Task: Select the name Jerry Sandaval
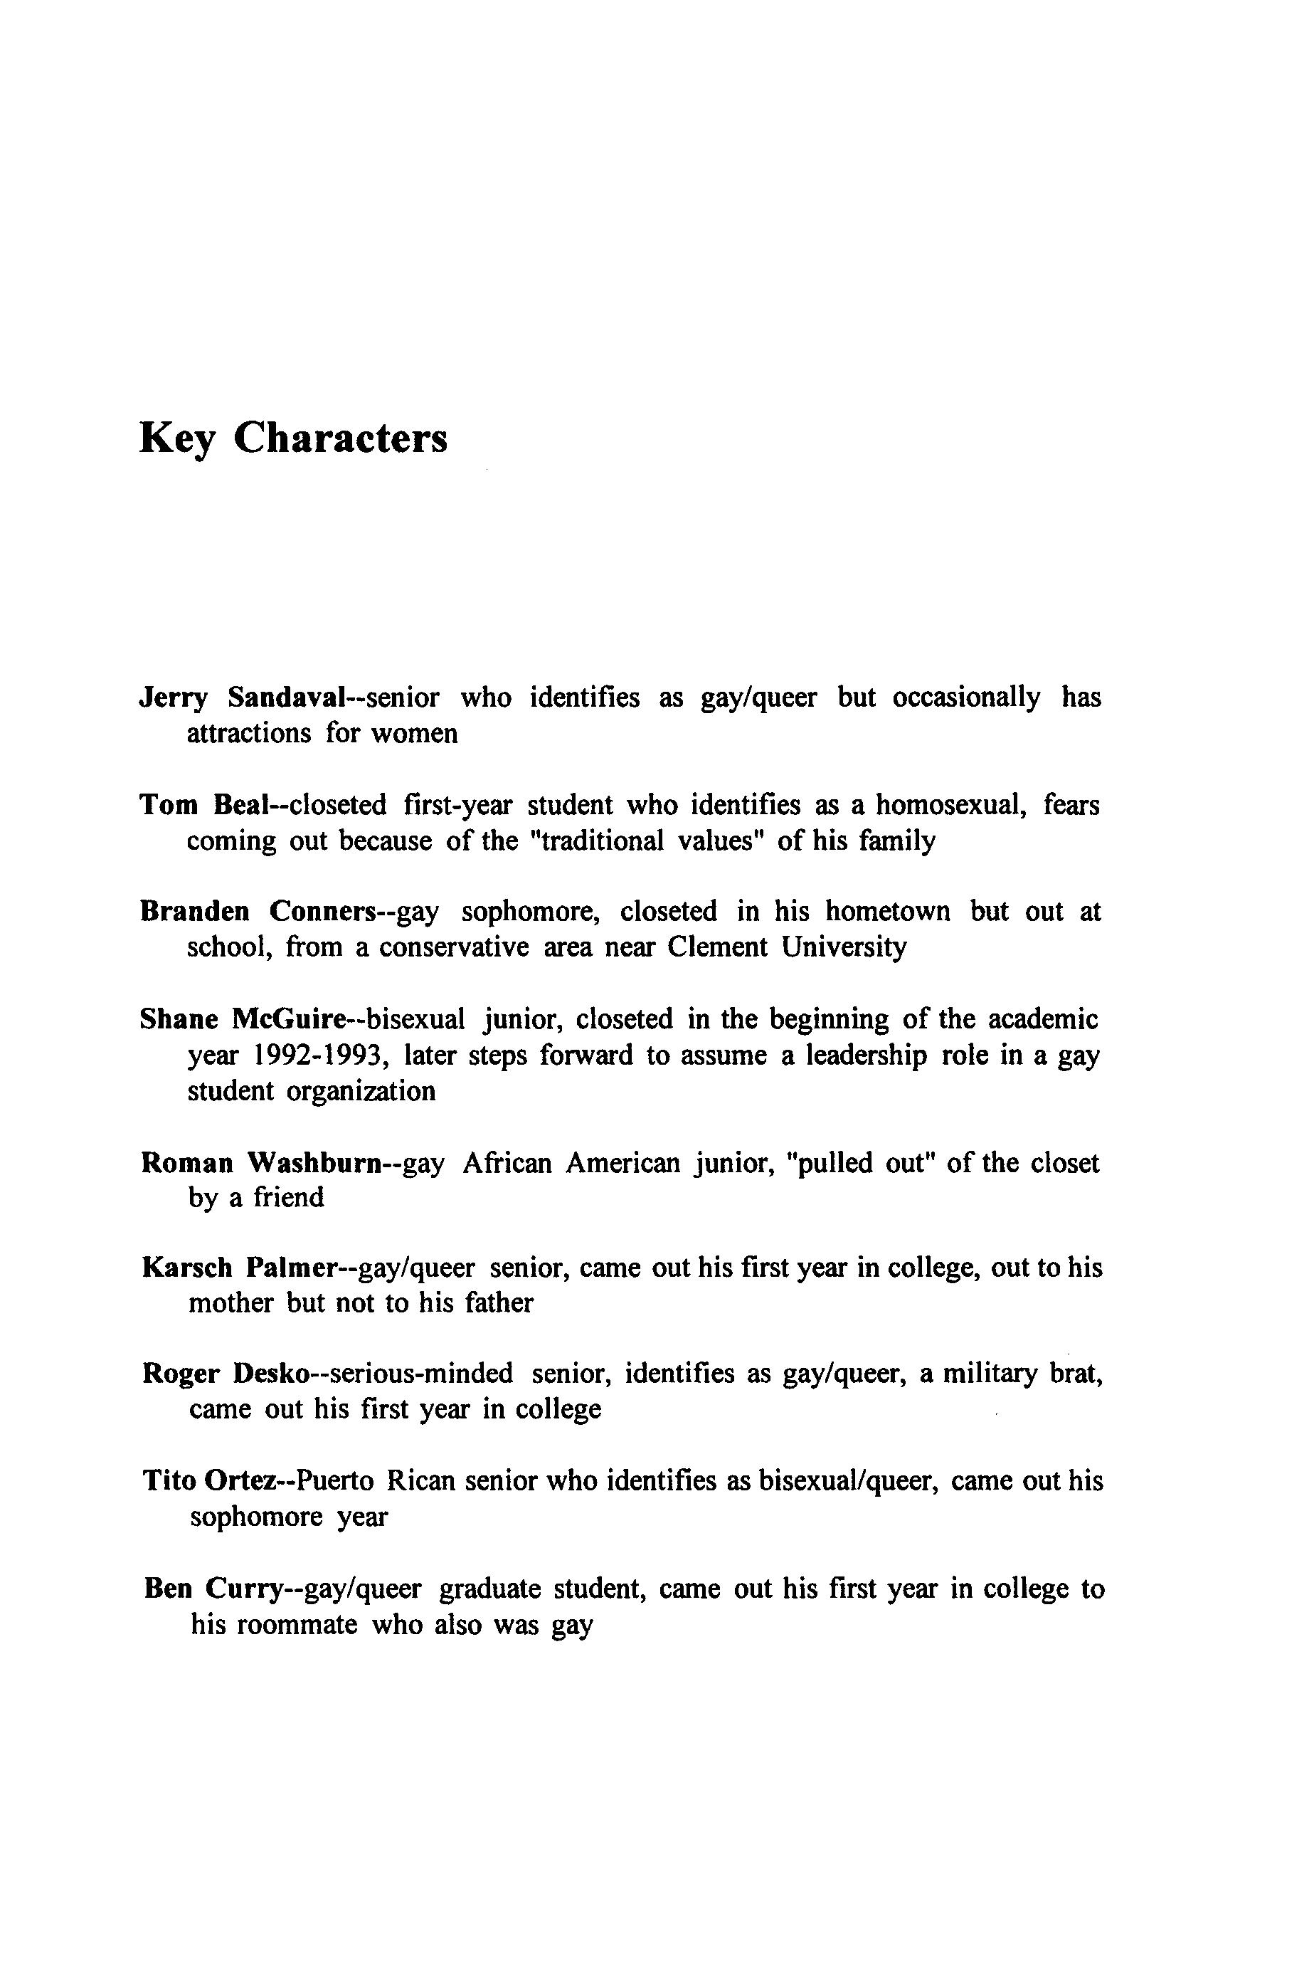pos(242,697)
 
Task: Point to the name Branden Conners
pos(256,911)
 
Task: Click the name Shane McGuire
pos(242,1019)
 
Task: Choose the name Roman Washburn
pos(262,1163)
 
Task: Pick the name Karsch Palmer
pos(238,1268)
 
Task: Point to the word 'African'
pos(507,1163)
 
